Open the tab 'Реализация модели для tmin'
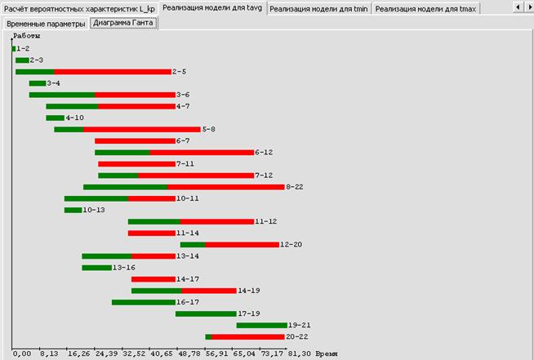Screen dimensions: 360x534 click(x=318, y=8)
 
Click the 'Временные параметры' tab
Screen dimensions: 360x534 click(x=46, y=24)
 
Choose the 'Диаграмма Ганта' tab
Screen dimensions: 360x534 click(x=123, y=24)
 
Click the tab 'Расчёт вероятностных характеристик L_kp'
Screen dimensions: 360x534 click(x=80, y=8)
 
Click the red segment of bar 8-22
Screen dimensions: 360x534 click(x=225, y=187)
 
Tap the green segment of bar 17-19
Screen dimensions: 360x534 click(x=206, y=313)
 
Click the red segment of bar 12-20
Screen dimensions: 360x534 click(x=242, y=244)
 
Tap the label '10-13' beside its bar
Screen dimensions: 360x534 click(x=94, y=210)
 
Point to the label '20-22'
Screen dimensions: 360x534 click(x=296, y=336)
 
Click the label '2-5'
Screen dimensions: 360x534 click(x=180, y=72)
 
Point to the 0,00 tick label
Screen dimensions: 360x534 click(x=22, y=354)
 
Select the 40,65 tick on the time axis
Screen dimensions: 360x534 click(x=162, y=354)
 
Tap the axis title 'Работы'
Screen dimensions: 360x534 click(x=26, y=36)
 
